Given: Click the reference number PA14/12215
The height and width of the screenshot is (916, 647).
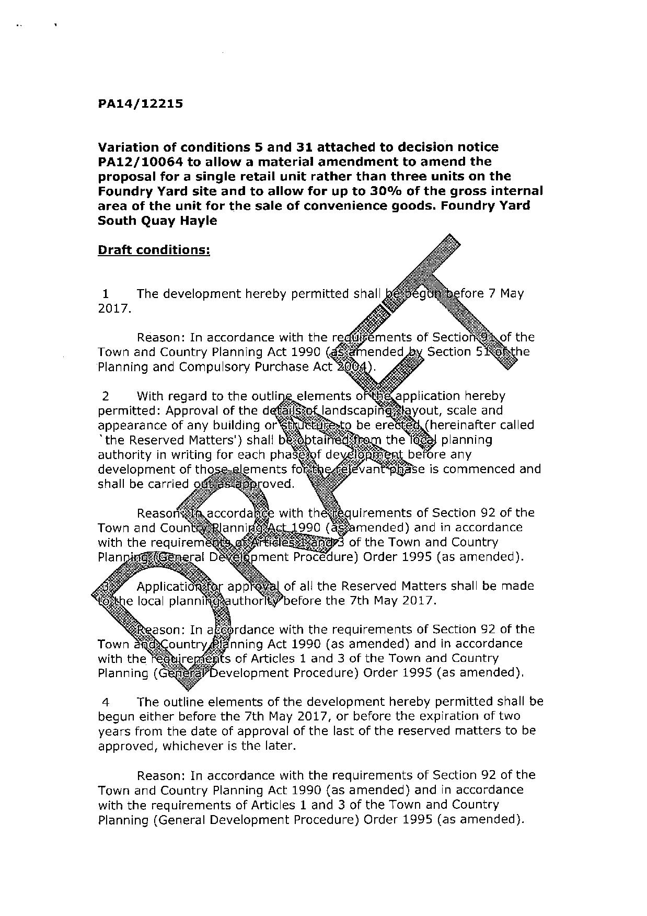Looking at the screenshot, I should click(x=140, y=104).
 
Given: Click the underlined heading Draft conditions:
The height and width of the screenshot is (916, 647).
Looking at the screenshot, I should click(x=154, y=250).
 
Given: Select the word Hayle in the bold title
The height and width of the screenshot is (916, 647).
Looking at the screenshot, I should click(x=200, y=221).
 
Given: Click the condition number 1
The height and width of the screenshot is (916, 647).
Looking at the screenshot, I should click(x=106, y=294).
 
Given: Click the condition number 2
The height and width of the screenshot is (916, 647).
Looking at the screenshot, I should click(x=106, y=396).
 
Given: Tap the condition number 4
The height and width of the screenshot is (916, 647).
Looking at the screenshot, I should click(x=106, y=702).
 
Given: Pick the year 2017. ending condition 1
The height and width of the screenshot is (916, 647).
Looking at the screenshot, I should click(x=114, y=308).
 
